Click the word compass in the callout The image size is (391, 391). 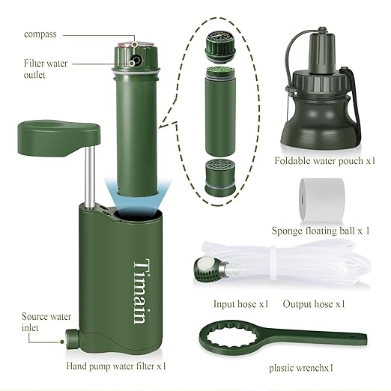pos(40,34)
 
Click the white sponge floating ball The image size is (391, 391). pos(322,199)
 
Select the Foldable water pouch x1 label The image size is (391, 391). pos(325,161)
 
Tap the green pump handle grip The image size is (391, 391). pos(59,138)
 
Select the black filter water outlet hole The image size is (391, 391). pos(136,60)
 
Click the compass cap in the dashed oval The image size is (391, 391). pos(220,45)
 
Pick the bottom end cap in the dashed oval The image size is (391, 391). pos(220,177)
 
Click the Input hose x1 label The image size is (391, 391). pos(241,304)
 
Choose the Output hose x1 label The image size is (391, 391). pos(314,304)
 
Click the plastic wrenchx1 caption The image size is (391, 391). pos(301,368)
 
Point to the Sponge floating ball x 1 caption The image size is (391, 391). pos(321,231)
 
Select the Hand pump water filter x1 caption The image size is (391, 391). pos(116,366)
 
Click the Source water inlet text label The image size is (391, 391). pos(46,322)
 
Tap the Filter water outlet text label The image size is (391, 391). pos(46,69)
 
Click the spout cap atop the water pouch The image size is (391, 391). pos(322,51)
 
